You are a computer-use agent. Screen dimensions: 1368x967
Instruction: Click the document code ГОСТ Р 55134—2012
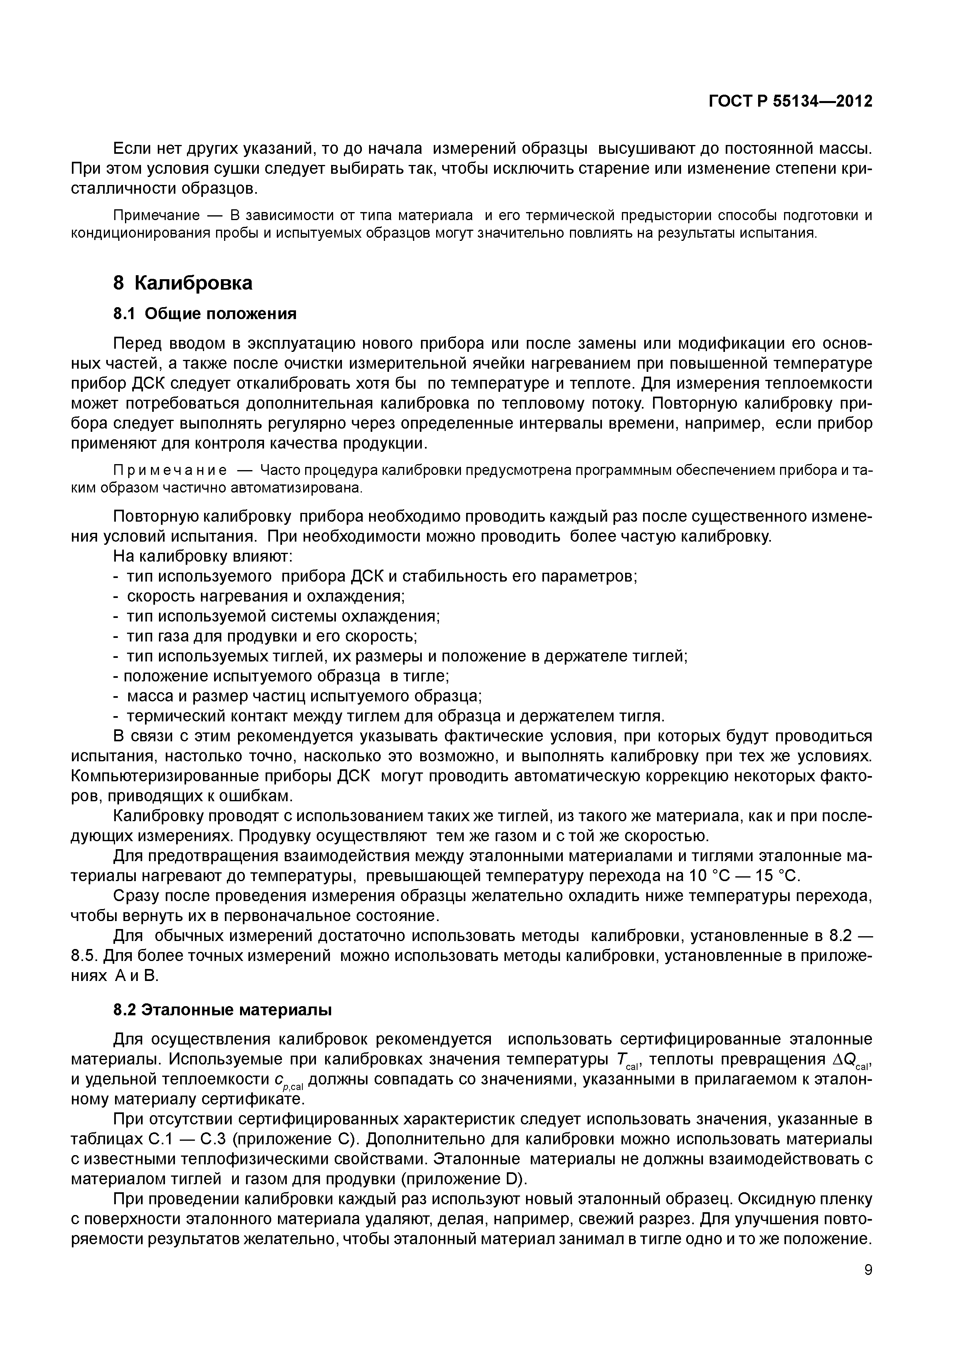coord(790,101)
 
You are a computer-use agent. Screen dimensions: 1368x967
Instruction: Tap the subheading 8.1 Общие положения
coord(205,314)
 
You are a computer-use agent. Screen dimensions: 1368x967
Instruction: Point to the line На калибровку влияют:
coord(203,556)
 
